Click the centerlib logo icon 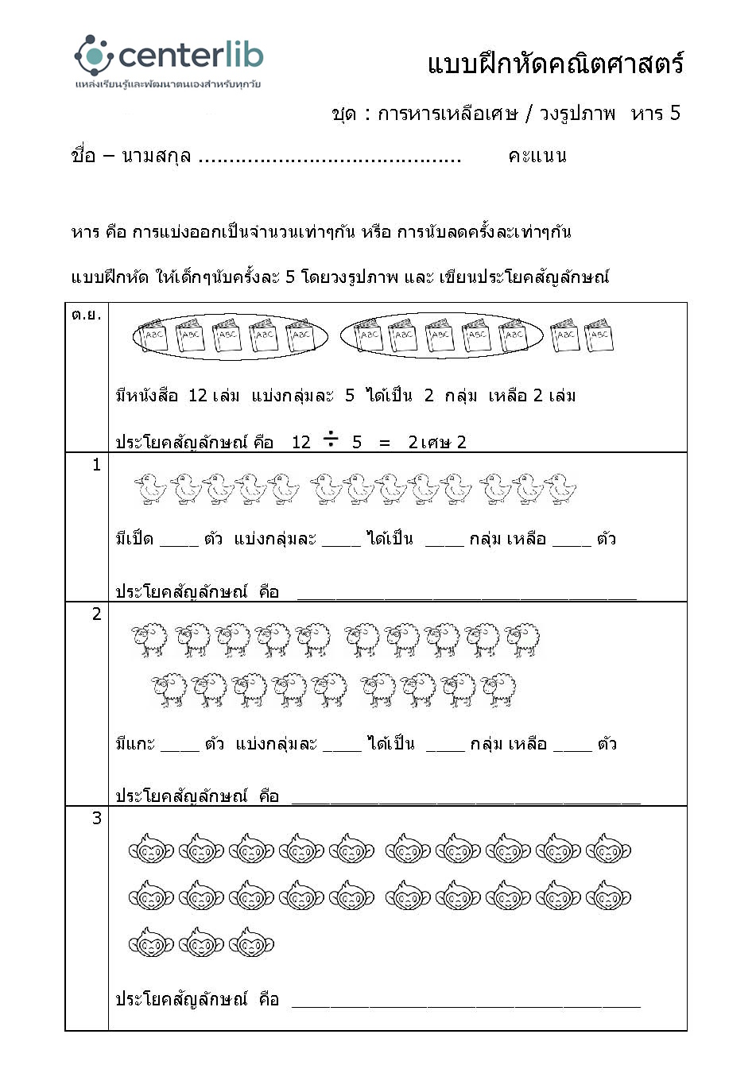pos(94,56)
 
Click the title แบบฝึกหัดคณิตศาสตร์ pos(555,64)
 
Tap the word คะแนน pos(537,156)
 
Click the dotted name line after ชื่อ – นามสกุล pos(329,159)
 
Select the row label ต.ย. pos(86,315)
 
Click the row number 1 pos(96,465)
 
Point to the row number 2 pos(96,614)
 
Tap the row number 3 pos(96,819)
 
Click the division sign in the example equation pos(331,440)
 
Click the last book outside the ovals pos(599,335)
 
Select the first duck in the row pos(150,489)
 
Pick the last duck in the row pos(560,489)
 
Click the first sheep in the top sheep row pos(149,638)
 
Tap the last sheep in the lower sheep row pos(498,690)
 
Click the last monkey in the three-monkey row pos(251,944)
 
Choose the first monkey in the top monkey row pos(150,850)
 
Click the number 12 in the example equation pos(300,443)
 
